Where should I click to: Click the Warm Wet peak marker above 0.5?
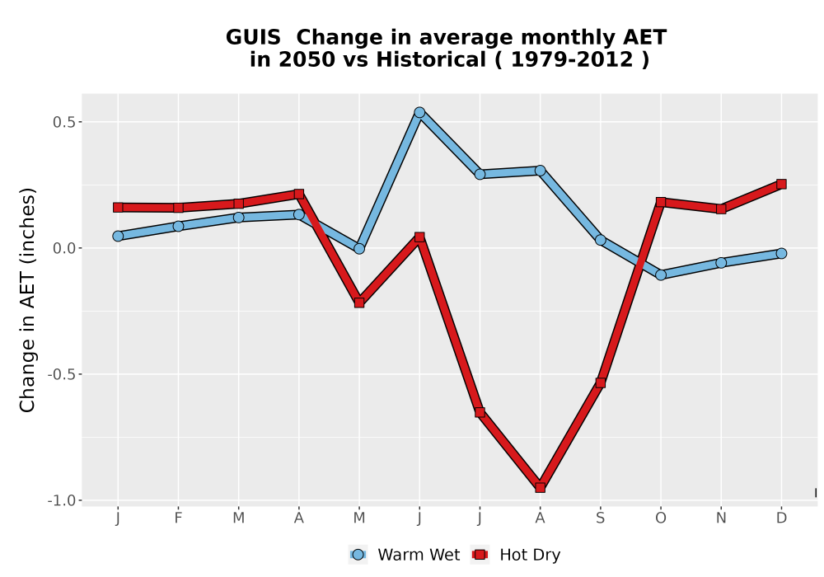tap(419, 112)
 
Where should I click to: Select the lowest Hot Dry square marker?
tap(541, 487)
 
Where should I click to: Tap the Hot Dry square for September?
tap(600, 382)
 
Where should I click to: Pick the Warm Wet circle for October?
tap(661, 274)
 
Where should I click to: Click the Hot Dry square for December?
tap(781, 184)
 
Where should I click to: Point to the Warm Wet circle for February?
tap(178, 226)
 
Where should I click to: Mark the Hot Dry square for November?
tap(721, 209)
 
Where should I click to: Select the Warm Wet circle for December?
tap(781, 253)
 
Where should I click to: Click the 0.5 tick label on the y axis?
tap(63, 122)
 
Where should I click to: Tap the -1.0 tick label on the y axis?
tap(61, 500)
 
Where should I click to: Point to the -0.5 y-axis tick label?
tap(61, 374)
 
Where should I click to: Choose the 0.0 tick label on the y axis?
tap(63, 248)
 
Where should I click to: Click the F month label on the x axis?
tap(178, 518)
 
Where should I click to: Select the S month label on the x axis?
tap(600, 518)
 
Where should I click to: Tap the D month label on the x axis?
tap(781, 518)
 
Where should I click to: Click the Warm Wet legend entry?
tap(404, 555)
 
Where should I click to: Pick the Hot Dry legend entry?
tap(516, 555)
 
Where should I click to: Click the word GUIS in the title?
tap(253, 37)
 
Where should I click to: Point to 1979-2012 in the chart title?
tap(572, 59)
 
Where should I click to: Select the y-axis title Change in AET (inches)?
tap(27, 300)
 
